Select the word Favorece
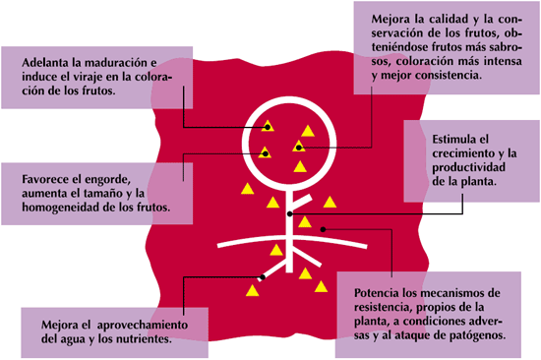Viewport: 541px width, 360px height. tap(46, 179)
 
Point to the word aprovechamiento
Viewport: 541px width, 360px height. tap(143, 326)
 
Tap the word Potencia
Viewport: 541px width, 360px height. tap(377, 293)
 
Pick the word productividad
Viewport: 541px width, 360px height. tap(468, 168)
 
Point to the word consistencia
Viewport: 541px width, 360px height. tap(448, 75)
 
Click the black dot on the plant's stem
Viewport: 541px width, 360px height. tap(290, 214)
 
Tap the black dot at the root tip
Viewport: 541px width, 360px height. tap(263, 276)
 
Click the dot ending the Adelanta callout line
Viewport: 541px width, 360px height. tap(268, 127)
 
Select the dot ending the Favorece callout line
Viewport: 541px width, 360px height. tap(265, 154)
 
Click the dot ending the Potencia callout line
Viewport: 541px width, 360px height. tap(323, 229)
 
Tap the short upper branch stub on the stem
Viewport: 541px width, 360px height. tap(302, 203)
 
